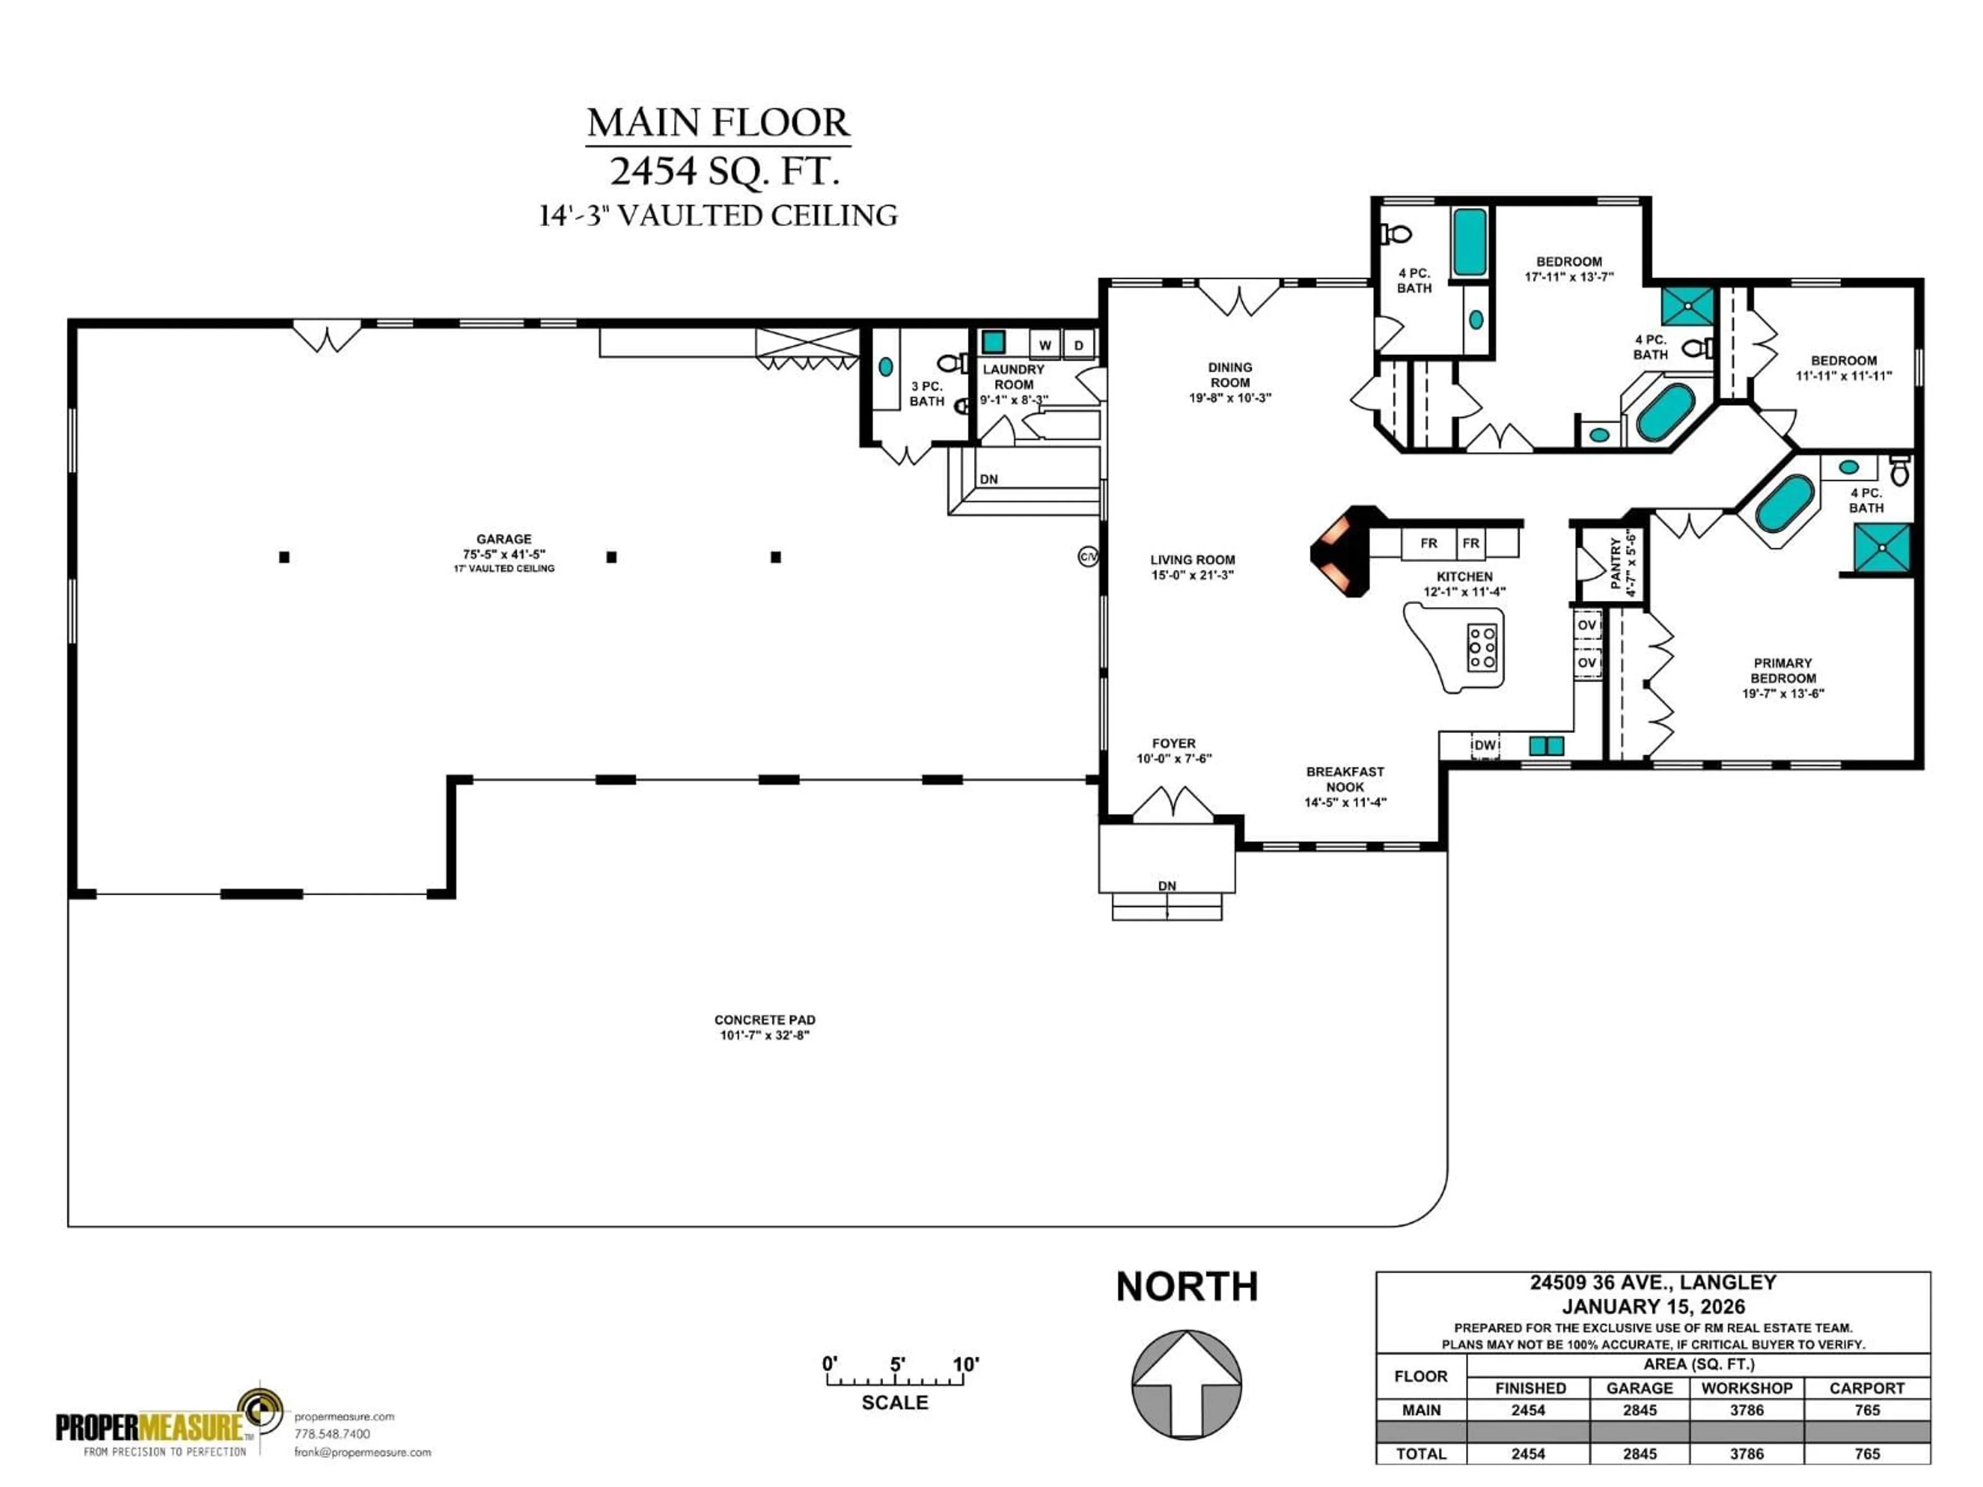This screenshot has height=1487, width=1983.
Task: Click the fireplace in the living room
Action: click(1340, 551)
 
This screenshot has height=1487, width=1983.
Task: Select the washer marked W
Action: click(1044, 345)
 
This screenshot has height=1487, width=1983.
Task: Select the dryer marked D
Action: click(1078, 345)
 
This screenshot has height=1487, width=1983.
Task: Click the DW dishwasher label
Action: click(1485, 745)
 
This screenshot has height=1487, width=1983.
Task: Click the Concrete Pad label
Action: click(765, 1026)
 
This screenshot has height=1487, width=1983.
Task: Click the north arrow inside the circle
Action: click(1186, 1385)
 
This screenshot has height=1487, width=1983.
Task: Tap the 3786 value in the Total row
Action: click(1746, 1454)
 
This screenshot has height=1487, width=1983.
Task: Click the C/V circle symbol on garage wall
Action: click(1088, 557)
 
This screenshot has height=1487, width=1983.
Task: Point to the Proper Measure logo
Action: click(170, 1425)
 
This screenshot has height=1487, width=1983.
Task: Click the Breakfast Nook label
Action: click(1345, 786)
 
